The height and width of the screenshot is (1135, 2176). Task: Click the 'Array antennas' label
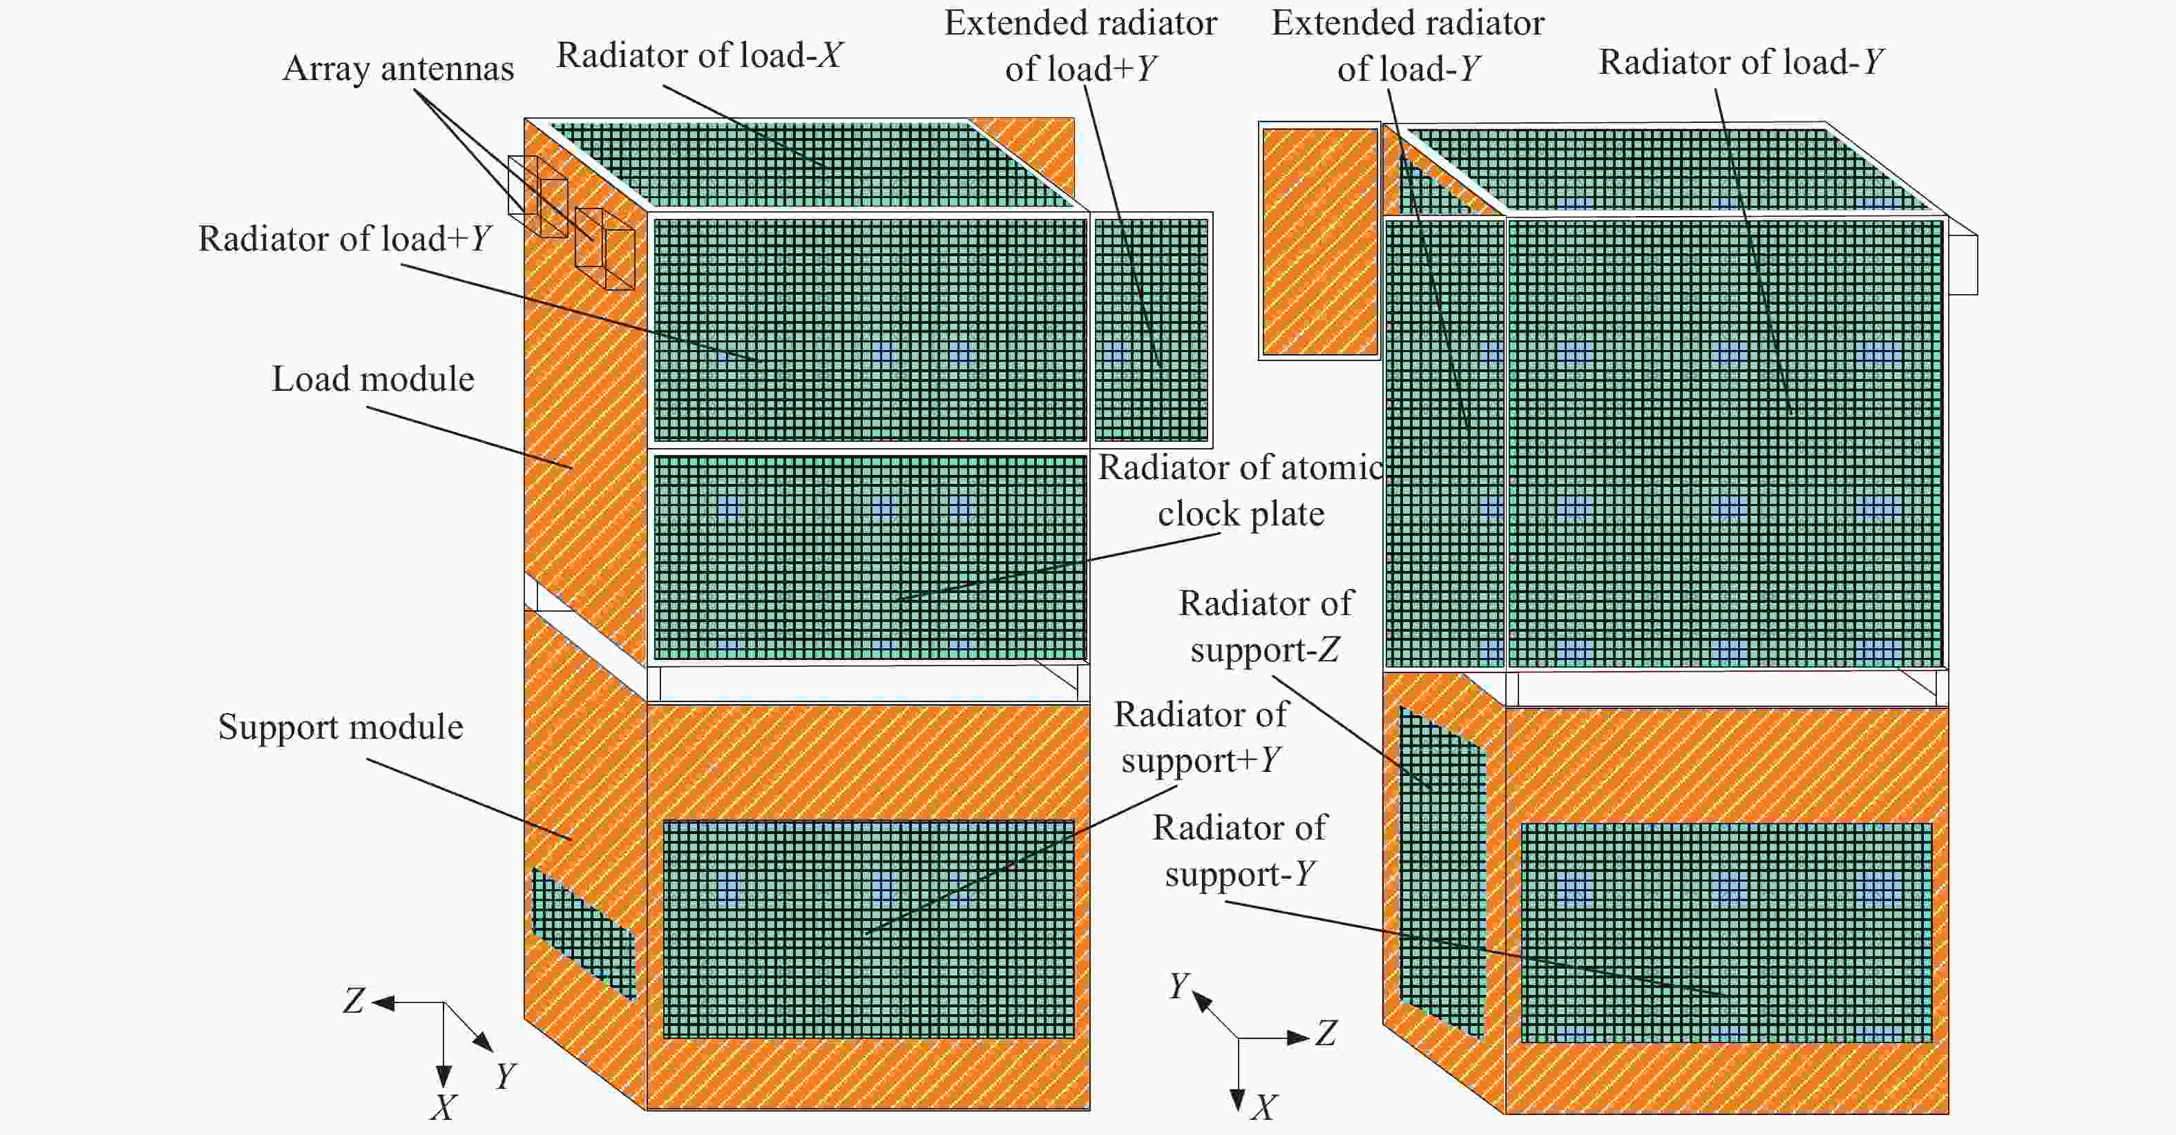398,68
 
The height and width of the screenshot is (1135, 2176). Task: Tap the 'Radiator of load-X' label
699,56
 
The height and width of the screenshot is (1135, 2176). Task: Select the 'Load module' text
372,379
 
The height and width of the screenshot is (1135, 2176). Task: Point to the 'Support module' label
341,727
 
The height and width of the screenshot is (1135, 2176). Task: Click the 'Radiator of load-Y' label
1741,63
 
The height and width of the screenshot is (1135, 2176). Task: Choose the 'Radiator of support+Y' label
1201,737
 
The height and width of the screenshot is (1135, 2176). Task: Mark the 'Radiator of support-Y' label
1239,851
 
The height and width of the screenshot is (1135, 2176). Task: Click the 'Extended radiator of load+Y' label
1080,46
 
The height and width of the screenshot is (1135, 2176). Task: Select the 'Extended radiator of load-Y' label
1408,46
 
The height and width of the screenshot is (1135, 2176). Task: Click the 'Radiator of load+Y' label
345,239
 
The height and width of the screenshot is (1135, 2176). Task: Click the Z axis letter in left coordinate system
353,1002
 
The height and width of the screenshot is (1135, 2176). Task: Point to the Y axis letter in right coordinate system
1179,985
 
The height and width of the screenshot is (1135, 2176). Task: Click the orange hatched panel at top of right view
1319,242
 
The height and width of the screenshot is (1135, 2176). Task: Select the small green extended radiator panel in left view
1152,330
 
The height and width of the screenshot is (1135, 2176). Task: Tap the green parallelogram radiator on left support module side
583,934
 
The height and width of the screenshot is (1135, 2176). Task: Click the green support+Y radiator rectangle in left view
868,929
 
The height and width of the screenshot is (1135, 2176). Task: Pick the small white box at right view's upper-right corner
1963,264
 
